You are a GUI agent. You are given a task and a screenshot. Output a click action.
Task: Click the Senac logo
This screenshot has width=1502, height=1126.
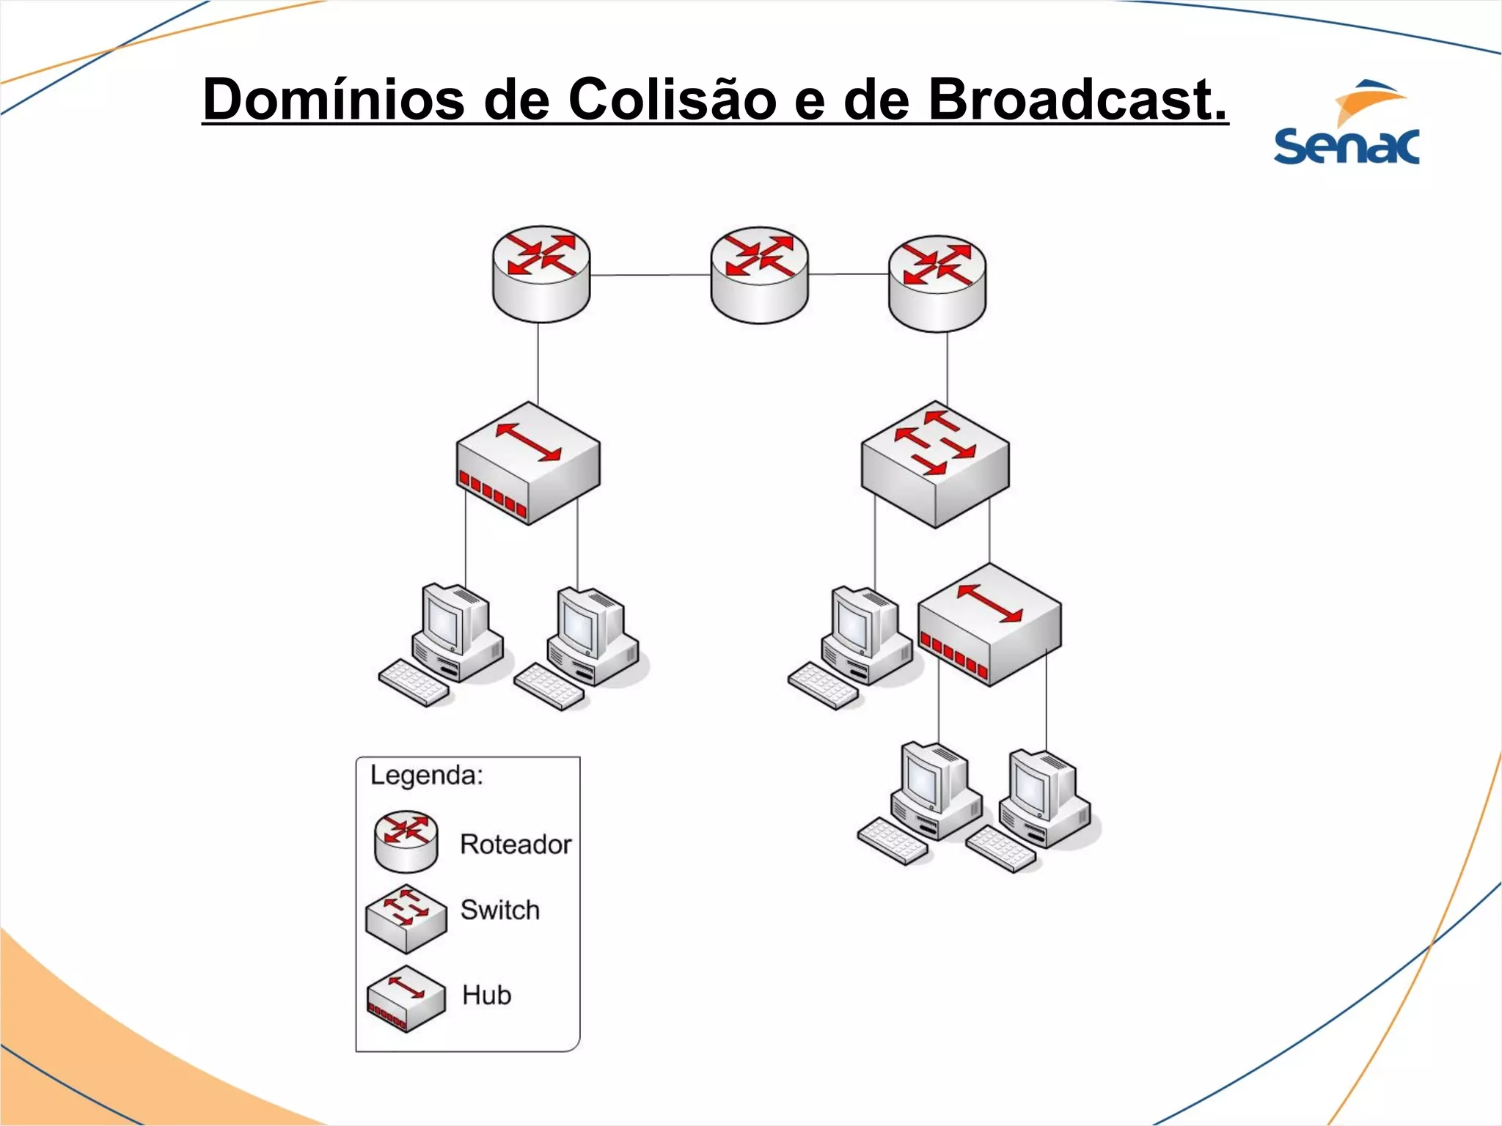(1347, 123)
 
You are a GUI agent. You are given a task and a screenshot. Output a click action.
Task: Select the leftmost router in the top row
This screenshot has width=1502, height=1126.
(541, 273)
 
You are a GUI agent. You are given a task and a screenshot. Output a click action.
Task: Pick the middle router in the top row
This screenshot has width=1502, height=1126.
(759, 275)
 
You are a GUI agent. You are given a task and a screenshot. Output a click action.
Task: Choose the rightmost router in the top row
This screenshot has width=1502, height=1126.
(937, 283)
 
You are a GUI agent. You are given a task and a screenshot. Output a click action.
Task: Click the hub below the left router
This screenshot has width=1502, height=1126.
(528, 463)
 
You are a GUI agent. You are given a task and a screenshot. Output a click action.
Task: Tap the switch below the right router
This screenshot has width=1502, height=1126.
(935, 463)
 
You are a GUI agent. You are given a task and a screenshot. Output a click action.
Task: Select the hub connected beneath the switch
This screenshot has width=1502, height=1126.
(989, 625)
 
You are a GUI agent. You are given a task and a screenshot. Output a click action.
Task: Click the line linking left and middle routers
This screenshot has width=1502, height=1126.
(650, 275)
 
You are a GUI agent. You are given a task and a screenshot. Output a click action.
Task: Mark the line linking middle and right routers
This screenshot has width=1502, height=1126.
(849, 274)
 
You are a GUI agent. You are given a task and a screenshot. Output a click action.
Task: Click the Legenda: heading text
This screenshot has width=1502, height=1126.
(426, 775)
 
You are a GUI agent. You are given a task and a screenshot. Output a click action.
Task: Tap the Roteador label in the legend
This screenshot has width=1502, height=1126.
(516, 844)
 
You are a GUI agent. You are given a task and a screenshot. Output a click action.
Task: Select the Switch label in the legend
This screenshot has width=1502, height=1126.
(500, 910)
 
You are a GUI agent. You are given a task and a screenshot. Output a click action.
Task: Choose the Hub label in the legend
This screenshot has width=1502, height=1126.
(486, 995)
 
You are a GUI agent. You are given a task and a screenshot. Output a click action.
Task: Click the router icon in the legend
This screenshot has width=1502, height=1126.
(406, 841)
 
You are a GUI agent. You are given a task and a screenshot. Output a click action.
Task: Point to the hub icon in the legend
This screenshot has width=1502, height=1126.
(406, 998)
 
